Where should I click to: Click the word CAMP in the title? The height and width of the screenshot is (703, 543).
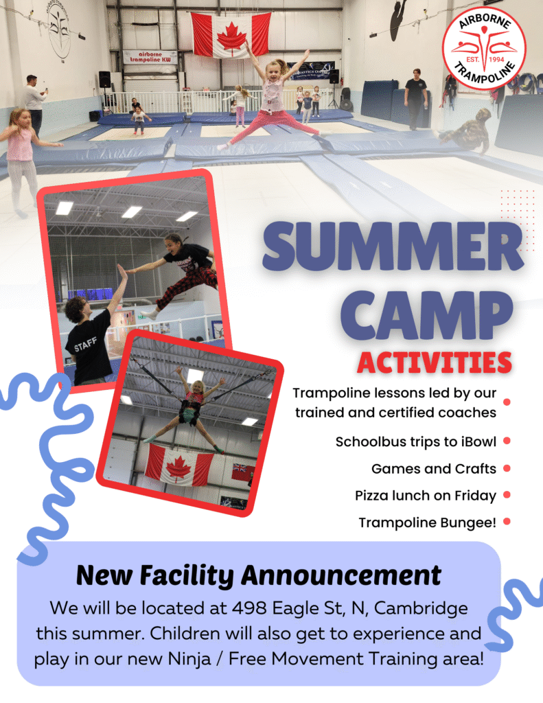tap(426, 315)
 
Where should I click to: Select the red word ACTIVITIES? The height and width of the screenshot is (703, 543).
tap(434, 362)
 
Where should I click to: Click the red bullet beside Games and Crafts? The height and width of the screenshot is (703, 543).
tap(507, 468)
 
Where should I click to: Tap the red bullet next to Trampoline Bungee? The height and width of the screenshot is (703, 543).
tap(507, 522)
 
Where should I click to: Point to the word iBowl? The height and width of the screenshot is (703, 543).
tap(478, 441)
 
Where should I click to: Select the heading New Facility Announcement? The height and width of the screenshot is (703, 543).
tap(259, 575)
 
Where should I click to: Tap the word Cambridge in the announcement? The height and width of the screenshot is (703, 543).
tap(421, 609)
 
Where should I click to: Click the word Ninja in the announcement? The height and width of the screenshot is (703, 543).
tap(189, 659)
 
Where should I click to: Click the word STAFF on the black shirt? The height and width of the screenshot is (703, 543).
tap(85, 345)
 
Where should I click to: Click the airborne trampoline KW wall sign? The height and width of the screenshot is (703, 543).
tap(150, 57)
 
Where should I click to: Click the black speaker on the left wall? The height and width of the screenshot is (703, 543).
tap(104, 80)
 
